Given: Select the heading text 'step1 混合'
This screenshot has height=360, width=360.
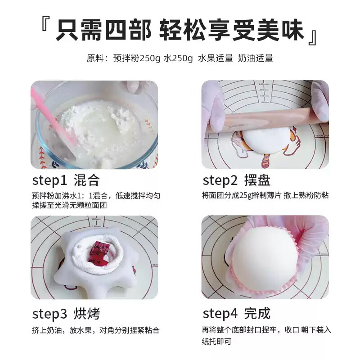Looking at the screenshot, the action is click(66, 180).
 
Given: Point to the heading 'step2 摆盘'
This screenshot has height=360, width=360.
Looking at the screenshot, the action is click(237, 180).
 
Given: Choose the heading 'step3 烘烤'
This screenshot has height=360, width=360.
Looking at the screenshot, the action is click(66, 314).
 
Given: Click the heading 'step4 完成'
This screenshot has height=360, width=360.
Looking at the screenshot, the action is click(237, 313).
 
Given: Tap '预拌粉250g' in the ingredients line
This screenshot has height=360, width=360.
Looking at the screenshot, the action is click(136, 58).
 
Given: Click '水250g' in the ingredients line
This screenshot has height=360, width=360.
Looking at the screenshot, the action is click(178, 58).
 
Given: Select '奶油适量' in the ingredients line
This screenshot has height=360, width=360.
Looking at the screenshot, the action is click(255, 58).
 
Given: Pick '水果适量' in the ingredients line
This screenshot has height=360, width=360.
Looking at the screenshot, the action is click(216, 58).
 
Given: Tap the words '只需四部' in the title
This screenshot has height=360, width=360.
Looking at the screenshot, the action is click(103, 30).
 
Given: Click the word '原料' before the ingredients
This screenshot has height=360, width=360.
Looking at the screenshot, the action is click(95, 58).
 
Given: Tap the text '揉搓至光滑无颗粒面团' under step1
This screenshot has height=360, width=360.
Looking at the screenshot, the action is click(69, 205).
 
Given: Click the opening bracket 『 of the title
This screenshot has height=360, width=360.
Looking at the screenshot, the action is click(45, 24).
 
